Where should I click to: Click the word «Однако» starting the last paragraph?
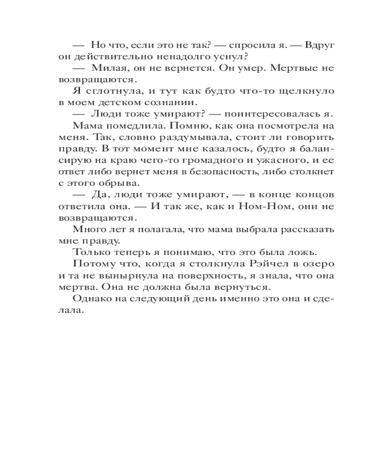(92, 300)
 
